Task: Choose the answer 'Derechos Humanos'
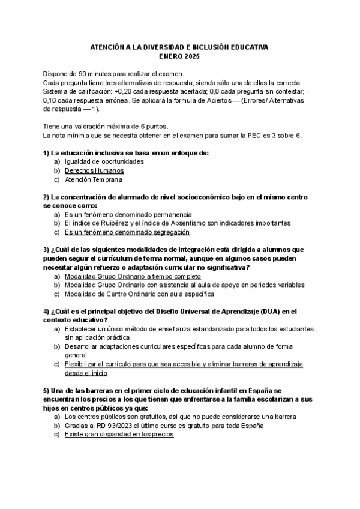point(94,170)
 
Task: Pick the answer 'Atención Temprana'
point(94,179)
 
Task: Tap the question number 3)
point(46,250)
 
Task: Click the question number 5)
point(46,390)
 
